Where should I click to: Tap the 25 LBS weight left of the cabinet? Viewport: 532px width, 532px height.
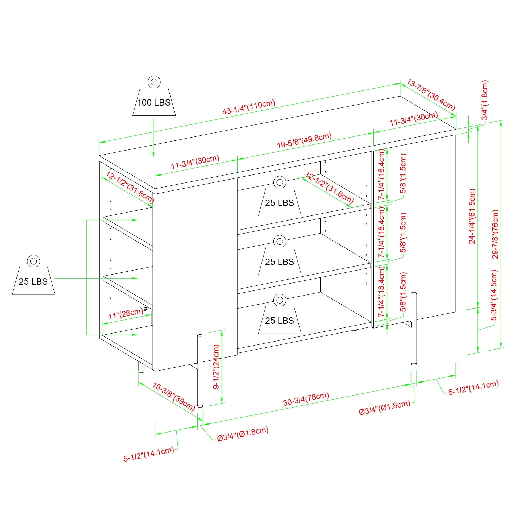pos(33,281)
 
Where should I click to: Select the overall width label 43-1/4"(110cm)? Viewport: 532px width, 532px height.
pos(249,107)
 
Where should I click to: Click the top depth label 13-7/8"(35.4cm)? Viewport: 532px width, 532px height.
pos(431,94)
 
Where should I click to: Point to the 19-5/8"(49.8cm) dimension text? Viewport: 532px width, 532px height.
pos(304,140)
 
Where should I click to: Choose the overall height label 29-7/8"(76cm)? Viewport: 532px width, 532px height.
pos(495,234)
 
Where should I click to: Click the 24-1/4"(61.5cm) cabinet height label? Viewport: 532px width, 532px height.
pos(472,216)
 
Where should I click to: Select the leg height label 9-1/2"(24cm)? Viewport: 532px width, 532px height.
pos(216,367)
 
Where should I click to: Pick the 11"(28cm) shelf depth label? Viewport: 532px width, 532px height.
pos(126,314)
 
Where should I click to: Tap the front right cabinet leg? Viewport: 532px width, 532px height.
pos(413,329)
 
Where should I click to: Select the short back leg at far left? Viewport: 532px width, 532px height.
pos(141,367)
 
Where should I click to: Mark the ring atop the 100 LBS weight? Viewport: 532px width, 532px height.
pos(154,82)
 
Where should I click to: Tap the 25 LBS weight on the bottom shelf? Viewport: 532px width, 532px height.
pos(280,319)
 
